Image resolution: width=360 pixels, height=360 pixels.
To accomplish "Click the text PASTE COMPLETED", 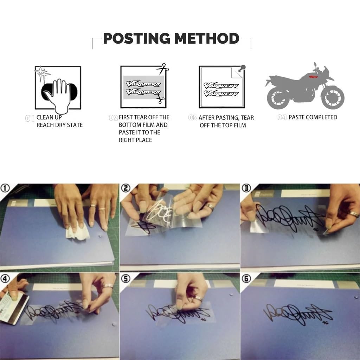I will [x=313, y=117].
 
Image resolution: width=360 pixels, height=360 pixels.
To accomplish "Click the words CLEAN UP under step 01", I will [x=49, y=117].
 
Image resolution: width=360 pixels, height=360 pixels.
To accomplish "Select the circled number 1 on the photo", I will [x=5, y=188].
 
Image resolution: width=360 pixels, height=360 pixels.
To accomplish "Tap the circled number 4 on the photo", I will [x=5, y=278].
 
